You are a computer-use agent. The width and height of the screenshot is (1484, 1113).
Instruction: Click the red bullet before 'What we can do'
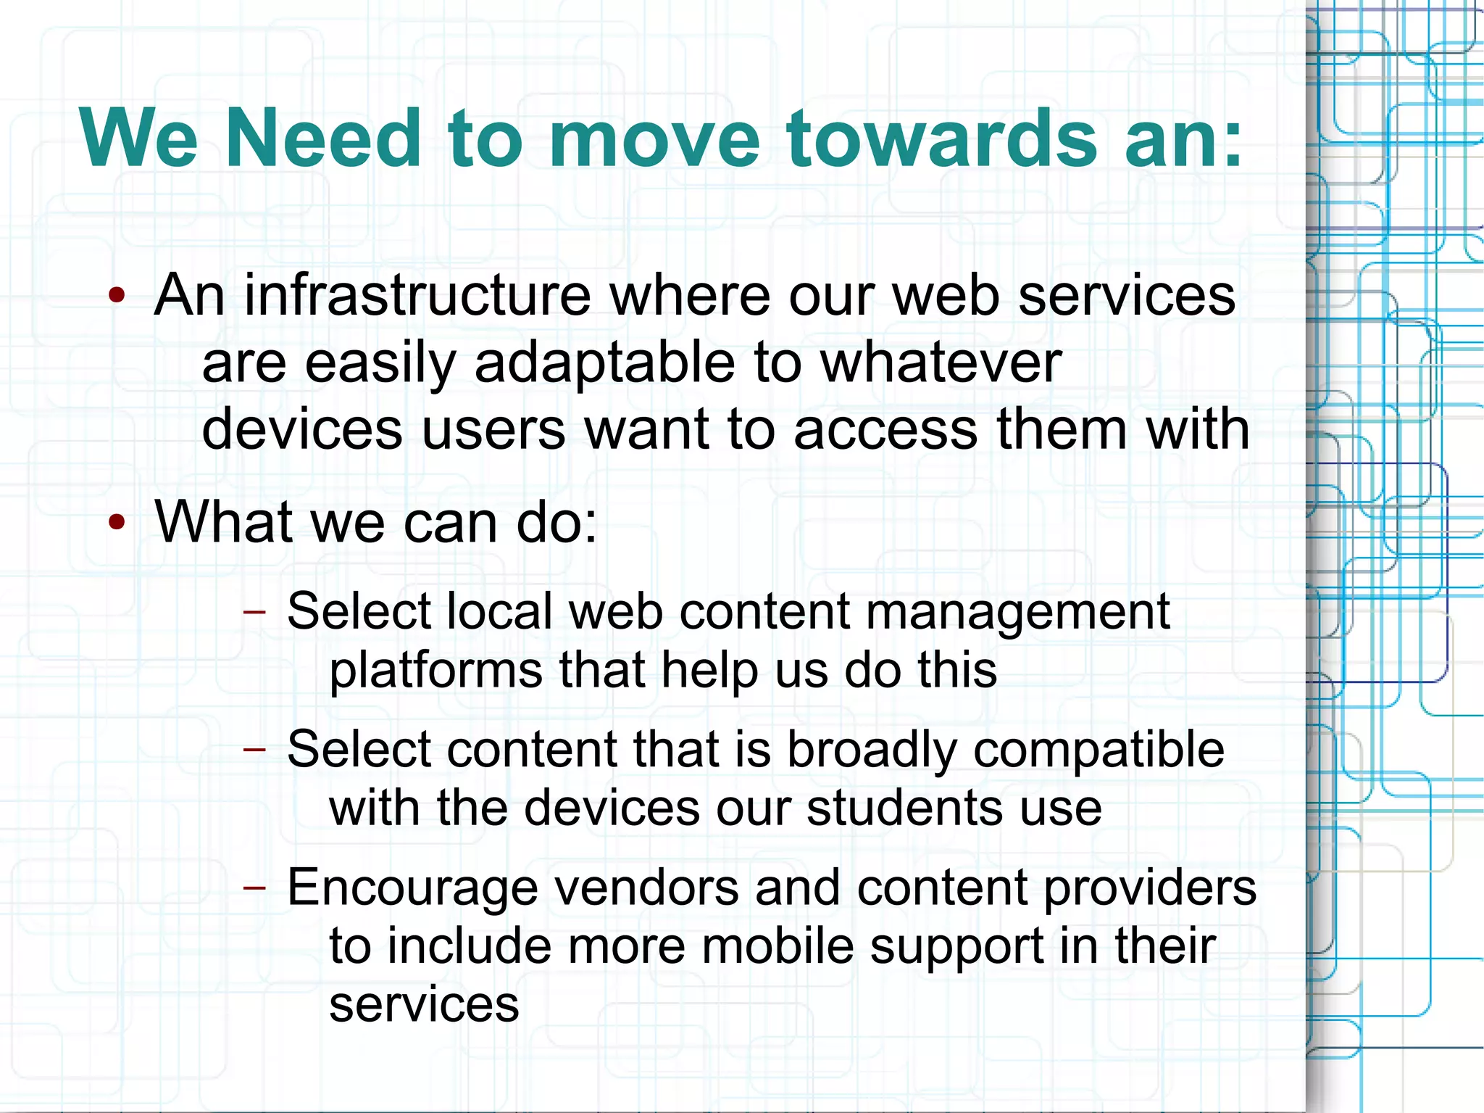117,522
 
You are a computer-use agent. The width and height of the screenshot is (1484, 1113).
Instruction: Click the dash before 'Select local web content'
254,611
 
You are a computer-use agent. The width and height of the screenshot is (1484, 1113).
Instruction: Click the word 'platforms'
435,671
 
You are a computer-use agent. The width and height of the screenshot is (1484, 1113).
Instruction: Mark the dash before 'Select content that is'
254,749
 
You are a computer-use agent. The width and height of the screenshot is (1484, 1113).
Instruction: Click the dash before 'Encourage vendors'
254,887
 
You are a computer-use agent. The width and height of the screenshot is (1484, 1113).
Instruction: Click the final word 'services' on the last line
424,1005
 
